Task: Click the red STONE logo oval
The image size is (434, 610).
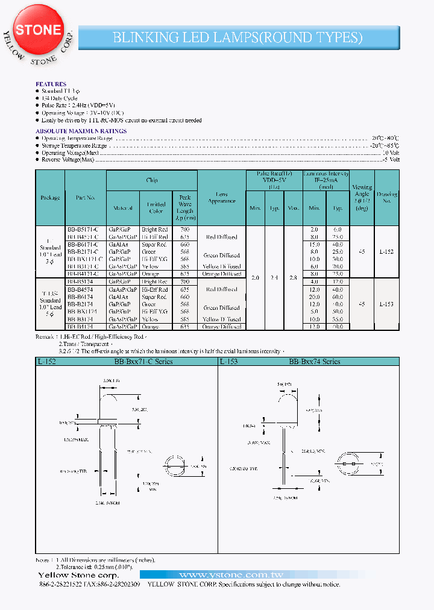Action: click(x=37, y=30)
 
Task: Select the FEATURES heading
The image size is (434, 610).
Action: click(x=51, y=84)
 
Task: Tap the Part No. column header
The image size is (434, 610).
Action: click(x=86, y=197)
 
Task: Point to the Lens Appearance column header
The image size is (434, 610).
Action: click(x=222, y=197)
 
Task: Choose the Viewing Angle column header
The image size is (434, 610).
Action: click(x=362, y=198)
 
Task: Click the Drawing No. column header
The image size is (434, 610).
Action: click(x=386, y=198)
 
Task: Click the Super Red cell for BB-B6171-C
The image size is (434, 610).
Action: click(x=154, y=244)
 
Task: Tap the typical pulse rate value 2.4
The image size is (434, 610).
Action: click(x=274, y=277)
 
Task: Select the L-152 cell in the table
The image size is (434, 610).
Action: click(x=386, y=251)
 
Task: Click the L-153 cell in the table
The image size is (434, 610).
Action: click(x=386, y=304)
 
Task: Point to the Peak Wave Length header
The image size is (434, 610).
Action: click(x=184, y=208)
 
